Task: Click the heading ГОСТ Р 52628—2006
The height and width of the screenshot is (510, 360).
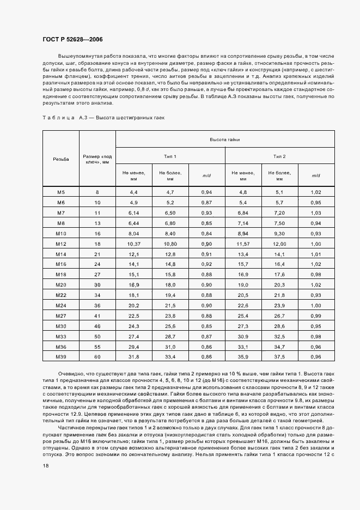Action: tap(72, 40)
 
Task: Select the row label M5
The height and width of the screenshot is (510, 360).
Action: tap(61, 192)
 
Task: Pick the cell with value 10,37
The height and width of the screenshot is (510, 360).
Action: tap(134, 244)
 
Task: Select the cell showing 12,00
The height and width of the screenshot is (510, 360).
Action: tap(279, 244)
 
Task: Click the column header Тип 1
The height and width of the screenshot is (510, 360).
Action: tap(170, 156)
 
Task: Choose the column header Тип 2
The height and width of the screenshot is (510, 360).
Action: tap(279, 156)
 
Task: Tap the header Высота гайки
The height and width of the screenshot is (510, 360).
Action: tap(225, 139)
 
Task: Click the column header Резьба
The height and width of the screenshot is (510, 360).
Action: tap(61, 159)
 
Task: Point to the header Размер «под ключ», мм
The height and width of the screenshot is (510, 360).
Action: tap(97, 159)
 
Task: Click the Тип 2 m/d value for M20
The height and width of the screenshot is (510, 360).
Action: tap(316, 284)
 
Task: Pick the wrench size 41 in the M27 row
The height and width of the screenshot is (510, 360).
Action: tap(97, 315)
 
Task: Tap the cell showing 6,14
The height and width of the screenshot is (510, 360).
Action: tap(134, 212)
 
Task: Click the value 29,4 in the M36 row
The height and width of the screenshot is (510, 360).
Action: tap(134, 346)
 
